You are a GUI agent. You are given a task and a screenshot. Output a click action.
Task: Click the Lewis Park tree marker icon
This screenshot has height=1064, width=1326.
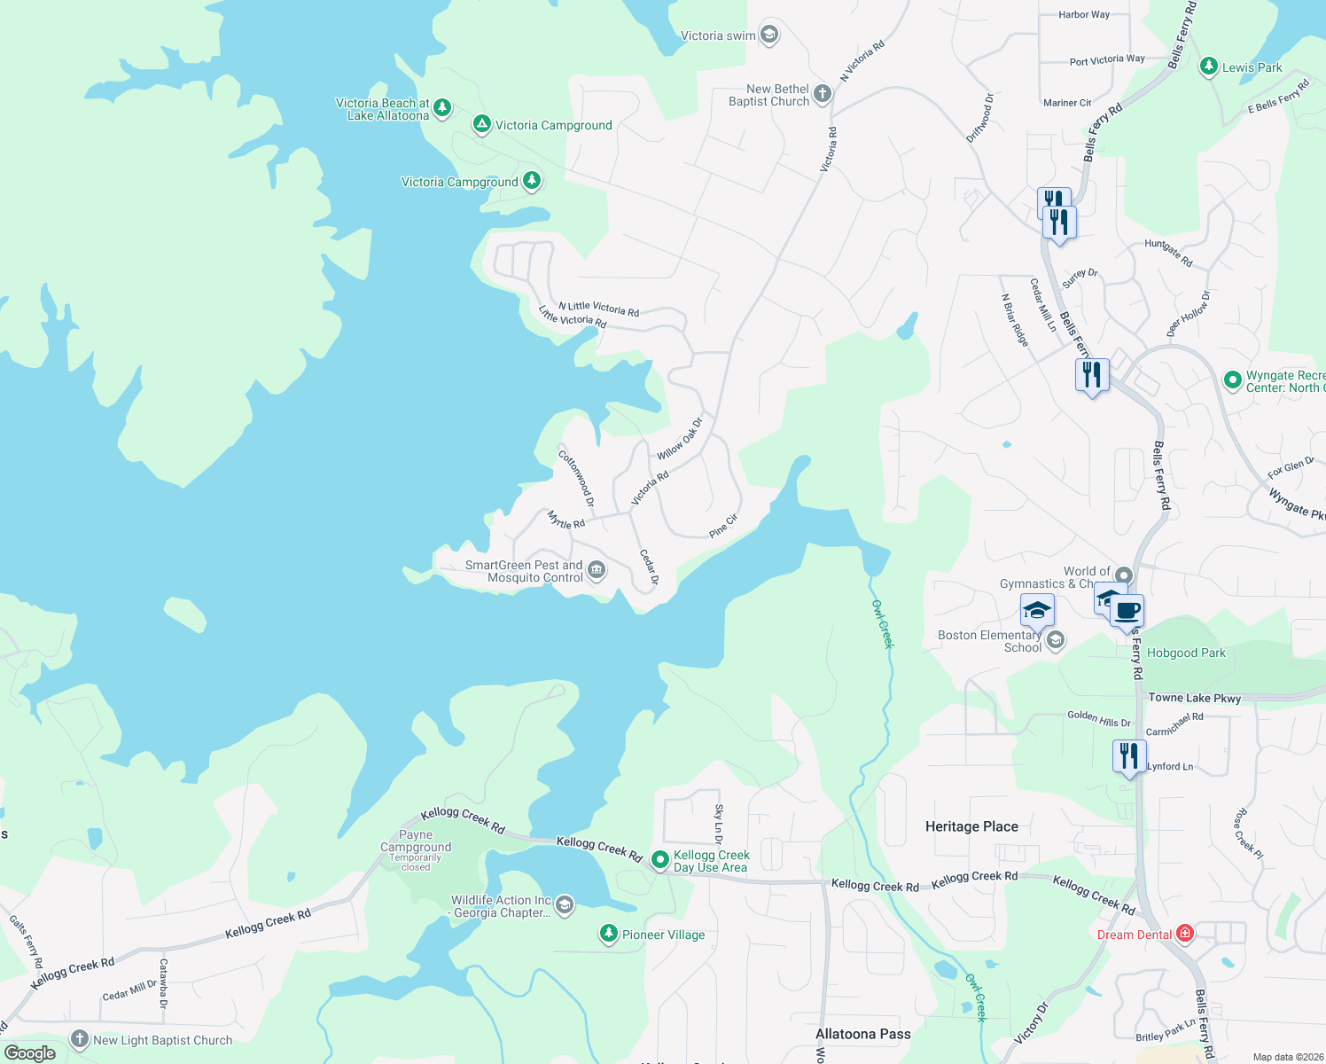coord(1208,66)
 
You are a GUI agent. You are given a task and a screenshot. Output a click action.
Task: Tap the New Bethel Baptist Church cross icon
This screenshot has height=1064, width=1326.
coord(823,94)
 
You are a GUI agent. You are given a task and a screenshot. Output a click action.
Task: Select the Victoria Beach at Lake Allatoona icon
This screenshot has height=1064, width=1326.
coord(442,108)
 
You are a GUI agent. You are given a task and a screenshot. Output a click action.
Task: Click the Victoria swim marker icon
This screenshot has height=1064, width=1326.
coord(769,35)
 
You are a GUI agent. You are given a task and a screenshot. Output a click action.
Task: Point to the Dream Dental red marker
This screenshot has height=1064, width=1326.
coord(1185,934)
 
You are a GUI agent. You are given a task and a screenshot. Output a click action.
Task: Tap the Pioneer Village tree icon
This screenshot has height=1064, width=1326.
coord(608,933)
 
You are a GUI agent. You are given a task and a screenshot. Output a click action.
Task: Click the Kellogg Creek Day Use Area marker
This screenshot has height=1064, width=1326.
coord(659,860)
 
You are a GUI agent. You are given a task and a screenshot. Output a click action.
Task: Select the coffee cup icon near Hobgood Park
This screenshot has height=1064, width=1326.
coord(1127,611)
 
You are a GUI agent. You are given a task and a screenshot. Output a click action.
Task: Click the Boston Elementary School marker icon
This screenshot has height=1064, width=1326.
coord(1055,640)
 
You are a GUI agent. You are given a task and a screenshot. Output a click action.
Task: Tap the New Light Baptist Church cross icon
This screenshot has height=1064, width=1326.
coord(80,1039)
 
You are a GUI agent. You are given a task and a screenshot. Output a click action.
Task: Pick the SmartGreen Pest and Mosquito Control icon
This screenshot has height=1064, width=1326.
coord(597,570)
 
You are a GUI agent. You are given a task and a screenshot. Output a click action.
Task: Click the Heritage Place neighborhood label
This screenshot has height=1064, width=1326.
coord(971,826)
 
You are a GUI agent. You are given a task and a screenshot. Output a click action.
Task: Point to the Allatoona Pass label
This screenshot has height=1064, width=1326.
coord(862,1034)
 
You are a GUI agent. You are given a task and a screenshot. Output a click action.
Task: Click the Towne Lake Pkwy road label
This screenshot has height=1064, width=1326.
coord(1194,698)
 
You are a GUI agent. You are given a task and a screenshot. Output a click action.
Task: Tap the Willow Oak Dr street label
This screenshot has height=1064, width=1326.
coord(679,439)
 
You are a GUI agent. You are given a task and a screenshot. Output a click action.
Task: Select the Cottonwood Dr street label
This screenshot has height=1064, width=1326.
coord(576,478)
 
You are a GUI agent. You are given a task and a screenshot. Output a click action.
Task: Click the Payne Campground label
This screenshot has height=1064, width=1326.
coord(416,841)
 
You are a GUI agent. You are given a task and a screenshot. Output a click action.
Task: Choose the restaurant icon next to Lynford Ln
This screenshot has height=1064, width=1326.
coord(1128,756)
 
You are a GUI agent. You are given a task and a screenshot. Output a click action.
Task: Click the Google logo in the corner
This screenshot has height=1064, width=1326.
coord(30,1053)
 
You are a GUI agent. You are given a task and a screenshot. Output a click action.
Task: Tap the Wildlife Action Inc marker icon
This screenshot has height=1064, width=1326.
coord(565,905)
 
